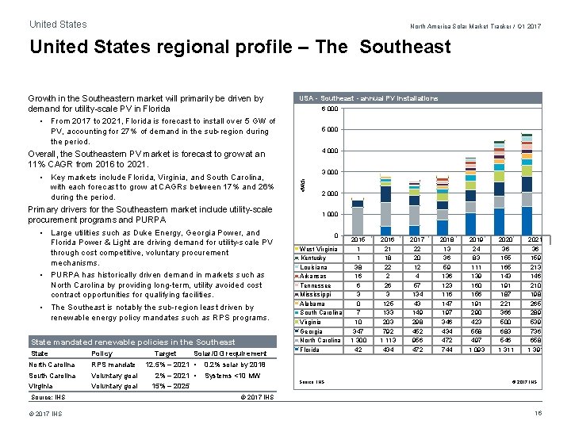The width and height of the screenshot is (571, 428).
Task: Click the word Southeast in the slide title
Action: point(405,47)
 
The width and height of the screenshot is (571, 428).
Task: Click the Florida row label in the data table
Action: point(311,350)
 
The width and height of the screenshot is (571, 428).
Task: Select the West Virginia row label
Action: point(318,249)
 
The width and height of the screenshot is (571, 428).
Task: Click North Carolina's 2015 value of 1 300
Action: point(358,340)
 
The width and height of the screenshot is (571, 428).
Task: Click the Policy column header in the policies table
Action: point(102,353)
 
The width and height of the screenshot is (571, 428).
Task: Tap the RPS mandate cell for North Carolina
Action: point(113,365)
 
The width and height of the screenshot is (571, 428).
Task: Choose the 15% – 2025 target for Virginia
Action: point(171,386)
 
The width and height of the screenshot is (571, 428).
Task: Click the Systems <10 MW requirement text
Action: point(232,376)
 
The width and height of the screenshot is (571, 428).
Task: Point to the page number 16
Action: point(538,414)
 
